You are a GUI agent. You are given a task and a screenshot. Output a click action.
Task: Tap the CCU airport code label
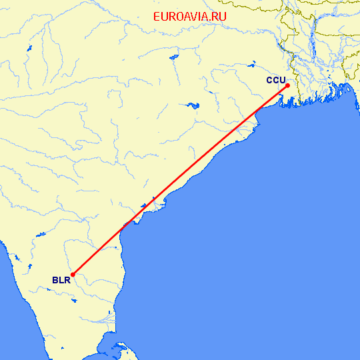[x=276, y=80]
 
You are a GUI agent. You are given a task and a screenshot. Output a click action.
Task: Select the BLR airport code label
[x=61, y=280]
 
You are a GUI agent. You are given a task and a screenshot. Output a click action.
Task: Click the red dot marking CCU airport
[x=287, y=85]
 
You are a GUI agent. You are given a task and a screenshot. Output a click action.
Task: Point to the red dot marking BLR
[x=73, y=273]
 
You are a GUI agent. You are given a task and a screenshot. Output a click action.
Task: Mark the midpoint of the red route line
[x=180, y=179]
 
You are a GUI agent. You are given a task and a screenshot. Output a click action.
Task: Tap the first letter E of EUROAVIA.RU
[x=157, y=17]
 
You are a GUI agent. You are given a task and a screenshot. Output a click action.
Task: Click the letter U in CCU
[x=283, y=80]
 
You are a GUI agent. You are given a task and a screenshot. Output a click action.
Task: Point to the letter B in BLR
[x=55, y=280]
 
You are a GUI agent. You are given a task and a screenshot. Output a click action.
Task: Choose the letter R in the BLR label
[x=67, y=280]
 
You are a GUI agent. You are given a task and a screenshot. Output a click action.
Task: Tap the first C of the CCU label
[x=270, y=80]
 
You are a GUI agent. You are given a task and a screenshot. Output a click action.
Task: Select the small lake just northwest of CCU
[x=253, y=65]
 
